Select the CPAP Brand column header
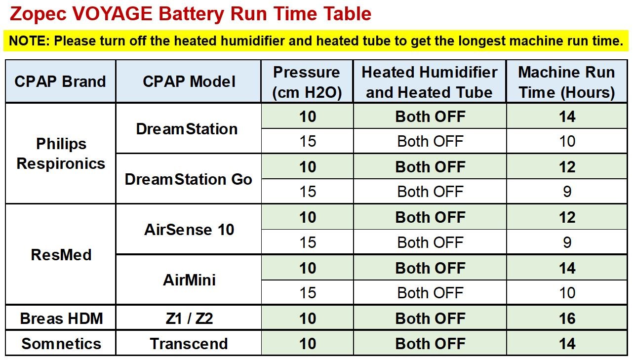[60, 81]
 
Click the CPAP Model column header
[189, 81]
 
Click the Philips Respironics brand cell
[61, 154]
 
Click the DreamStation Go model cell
[189, 179]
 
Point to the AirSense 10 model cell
[189, 229]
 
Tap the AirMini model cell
[189, 280]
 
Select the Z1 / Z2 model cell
[189, 319]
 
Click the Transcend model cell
[189, 344]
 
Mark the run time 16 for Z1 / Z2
[567, 319]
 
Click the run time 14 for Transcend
[567, 344]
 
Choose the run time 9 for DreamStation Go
[567, 191]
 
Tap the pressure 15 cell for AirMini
[308, 292]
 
